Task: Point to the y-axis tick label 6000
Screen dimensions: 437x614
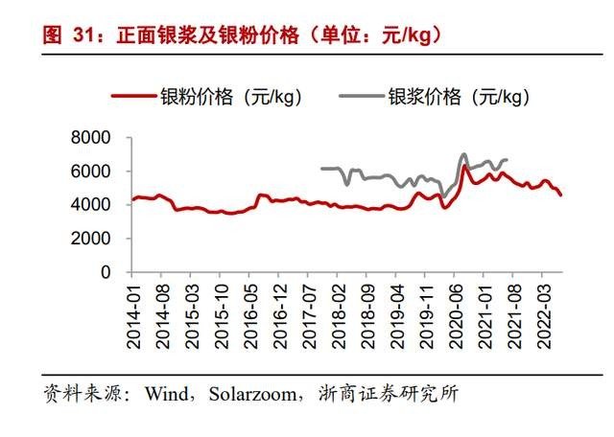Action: tap(92, 172)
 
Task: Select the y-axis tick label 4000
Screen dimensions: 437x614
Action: tap(92, 205)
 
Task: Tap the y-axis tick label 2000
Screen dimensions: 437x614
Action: tap(92, 239)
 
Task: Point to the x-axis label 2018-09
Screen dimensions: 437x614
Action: tap(370, 310)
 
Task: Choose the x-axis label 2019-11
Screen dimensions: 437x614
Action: tap(430, 310)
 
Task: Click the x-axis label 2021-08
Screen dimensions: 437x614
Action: tap(519, 310)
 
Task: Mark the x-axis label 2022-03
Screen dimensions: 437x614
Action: tap(549, 310)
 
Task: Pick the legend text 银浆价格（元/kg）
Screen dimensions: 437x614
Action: tap(460, 96)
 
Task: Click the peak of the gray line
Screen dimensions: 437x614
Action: tap(464, 154)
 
